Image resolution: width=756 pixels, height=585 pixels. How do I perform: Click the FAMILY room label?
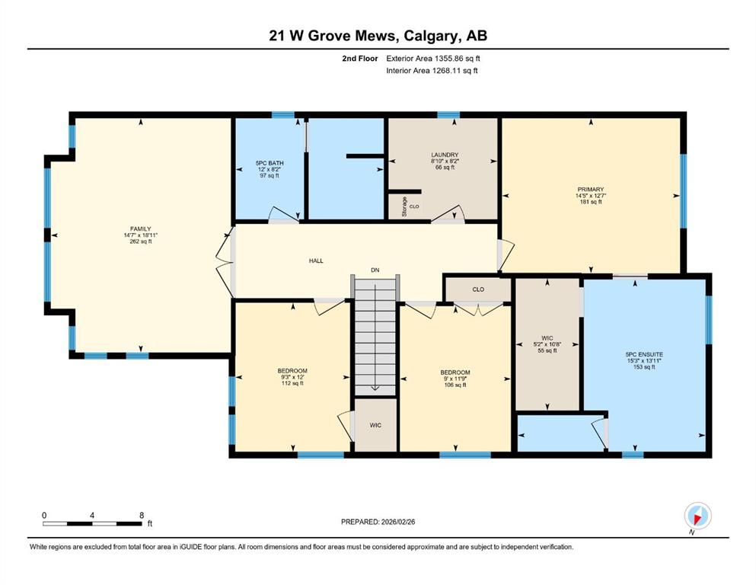click(x=140, y=229)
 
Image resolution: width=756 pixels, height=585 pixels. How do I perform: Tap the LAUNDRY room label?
click(x=445, y=155)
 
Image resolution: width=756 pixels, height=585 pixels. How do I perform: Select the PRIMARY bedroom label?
click(x=591, y=190)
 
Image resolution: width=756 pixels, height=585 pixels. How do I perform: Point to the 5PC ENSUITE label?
click(x=644, y=354)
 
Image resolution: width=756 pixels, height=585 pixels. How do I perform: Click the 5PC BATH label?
click(x=270, y=163)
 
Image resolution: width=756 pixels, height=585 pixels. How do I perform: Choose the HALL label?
click(x=316, y=261)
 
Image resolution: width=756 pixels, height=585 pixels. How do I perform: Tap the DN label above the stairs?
click(x=375, y=270)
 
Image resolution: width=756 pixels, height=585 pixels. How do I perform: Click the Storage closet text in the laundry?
click(x=404, y=206)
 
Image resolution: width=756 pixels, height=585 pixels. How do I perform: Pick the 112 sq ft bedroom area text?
click(x=292, y=383)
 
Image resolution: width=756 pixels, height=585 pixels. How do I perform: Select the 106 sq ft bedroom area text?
click(x=455, y=385)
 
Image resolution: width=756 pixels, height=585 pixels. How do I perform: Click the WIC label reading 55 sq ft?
click(x=547, y=338)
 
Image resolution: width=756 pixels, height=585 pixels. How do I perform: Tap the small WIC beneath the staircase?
click(x=375, y=425)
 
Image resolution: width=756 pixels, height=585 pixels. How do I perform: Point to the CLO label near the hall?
click(x=478, y=289)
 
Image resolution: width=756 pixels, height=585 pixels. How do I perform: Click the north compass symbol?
click(x=697, y=516)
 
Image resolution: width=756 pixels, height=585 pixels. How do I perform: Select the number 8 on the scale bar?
click(x=142, y=515)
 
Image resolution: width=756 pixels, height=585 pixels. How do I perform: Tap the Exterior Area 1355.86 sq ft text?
click(x=433, y=59)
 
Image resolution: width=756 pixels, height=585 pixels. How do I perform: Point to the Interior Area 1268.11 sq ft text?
click(x=432, y=70)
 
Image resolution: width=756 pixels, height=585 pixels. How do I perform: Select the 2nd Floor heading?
click(x=360, y=59)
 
